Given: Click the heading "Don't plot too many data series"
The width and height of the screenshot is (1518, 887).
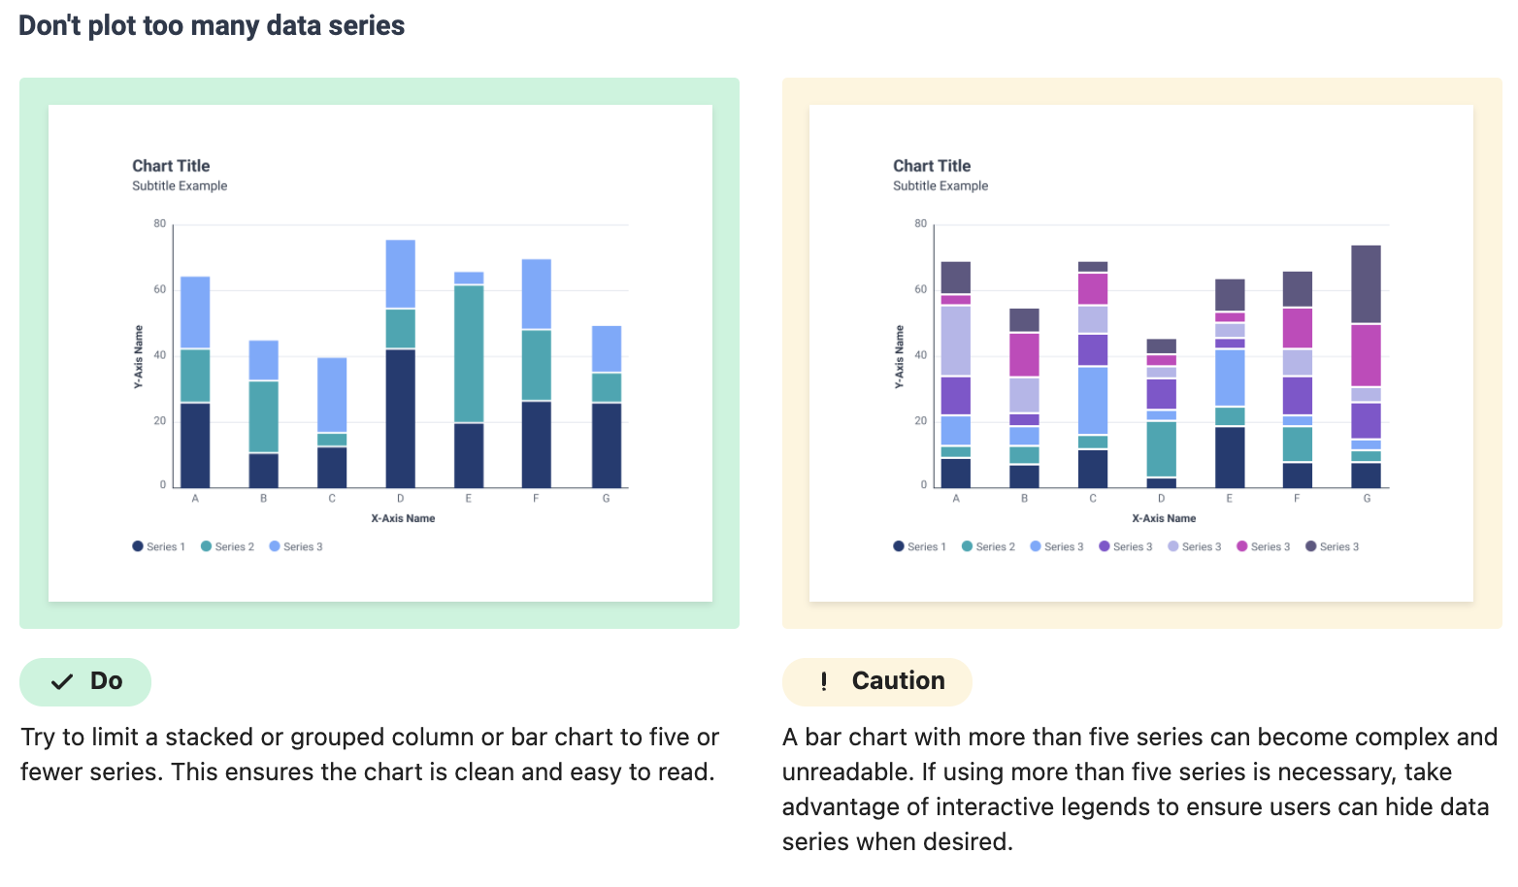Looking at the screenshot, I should coord(212,25).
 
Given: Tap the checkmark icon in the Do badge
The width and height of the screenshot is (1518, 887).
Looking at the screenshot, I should coord(62,681).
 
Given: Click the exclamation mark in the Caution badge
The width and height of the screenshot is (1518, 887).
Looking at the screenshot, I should coord(824,681).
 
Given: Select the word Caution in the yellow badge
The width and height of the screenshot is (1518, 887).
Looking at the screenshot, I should coord(898,681).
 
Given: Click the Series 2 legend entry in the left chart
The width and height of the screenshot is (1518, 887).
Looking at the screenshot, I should coord(227,547).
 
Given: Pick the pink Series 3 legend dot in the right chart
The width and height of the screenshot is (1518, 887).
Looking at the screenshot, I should coord(1241,547).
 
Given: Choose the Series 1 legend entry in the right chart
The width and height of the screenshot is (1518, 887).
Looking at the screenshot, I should coord(919,547).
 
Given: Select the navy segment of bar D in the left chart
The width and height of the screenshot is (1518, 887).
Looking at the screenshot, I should coord(400,417).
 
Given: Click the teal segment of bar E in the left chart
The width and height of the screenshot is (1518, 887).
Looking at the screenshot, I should coord(469,353).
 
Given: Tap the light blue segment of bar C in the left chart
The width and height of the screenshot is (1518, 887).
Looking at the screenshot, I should coord(332,395).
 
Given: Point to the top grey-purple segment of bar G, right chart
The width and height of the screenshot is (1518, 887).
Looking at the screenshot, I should coord(1366,283).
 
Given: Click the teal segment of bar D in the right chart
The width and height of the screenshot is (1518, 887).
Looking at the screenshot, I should coord(1161,448).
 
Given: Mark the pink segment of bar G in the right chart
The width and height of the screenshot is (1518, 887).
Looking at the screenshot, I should coord(1366,355).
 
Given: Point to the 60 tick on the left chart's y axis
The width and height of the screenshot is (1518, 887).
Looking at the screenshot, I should coord(160,289).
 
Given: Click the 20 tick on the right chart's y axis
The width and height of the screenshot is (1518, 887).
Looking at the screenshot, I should coord(921,421).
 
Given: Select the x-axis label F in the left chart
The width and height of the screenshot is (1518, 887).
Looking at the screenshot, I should coord(536,499).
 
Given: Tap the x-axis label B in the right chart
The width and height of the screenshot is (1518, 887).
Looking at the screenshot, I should coord(1024,499).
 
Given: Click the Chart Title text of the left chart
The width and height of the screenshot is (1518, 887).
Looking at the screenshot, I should coord(171,166).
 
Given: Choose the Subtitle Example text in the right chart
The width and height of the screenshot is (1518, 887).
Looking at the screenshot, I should coord(940,186).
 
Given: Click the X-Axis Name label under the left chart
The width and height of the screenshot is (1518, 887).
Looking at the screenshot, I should coord(403,518).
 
